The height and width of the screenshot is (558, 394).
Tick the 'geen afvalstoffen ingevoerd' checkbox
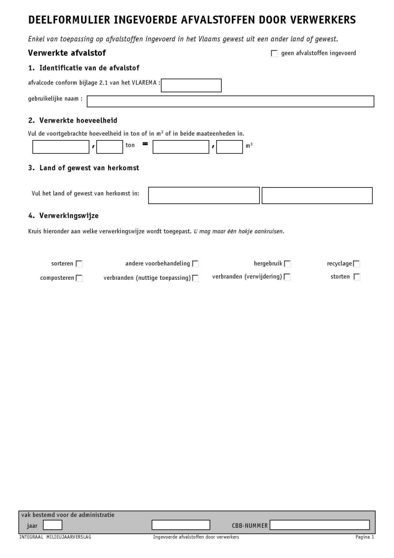point(274,53)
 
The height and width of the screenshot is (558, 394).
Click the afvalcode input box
point(191,86)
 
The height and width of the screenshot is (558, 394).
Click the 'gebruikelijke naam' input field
point(230,101)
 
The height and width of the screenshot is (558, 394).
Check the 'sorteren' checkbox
point(79,264)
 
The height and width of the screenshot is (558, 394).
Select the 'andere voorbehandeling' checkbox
point(195,264)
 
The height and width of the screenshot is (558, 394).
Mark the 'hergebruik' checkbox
point(287,264)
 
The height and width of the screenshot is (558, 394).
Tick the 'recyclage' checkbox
point(357,264)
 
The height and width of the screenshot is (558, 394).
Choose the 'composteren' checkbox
point(79,278)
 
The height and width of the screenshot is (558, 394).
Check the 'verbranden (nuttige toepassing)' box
point(195,278)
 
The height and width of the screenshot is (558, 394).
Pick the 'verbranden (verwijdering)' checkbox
point(287,277)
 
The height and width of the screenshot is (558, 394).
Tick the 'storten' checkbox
point(357,277)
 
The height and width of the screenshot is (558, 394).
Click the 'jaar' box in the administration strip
point(52,525)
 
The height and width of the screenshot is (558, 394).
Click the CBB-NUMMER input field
point(320,525)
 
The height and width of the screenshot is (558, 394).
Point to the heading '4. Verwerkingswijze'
point(63,216)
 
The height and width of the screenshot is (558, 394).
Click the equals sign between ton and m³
point(145,144)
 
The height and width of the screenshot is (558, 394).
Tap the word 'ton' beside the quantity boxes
point(130,145)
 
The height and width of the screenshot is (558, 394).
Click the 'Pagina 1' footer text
point(365,537)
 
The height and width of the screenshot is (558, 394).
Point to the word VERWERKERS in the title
point(323,20)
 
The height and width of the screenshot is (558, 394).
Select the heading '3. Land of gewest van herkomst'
point(83,168)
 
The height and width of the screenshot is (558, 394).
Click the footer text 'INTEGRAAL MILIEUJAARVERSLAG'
point(55,537)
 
